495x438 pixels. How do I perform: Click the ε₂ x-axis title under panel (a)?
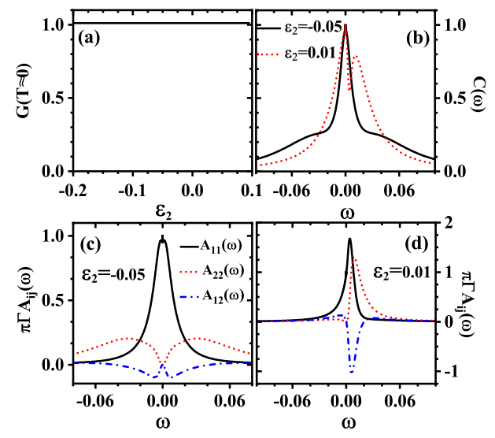click(160, 213)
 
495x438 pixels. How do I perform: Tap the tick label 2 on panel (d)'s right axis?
click(447, 223)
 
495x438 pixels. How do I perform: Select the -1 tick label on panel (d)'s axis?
click(445, 371)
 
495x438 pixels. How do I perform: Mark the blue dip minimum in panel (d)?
click(352, 373)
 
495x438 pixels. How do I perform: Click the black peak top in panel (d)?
click(349, 239)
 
